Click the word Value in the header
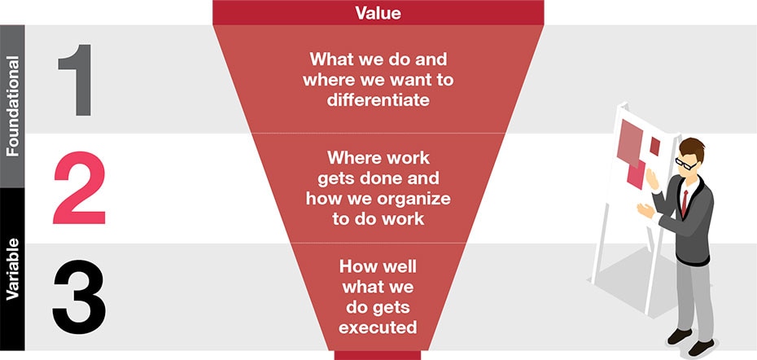[x=378, y=12]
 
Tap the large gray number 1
[x=76, y=80]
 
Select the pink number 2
[x=79, y=187]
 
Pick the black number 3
[x=79, y=296]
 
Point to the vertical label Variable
[x=12, y=269]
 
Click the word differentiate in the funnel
[x=378, y=100]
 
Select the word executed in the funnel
[x=378, y=327]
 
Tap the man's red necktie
[x=684, y=203]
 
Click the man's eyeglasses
[x=685, y=163]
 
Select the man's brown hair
[x=692, y=147]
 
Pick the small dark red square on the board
[x=654, y=146]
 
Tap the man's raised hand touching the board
[x=651, y=180]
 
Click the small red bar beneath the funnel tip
[x=378, y=355]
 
